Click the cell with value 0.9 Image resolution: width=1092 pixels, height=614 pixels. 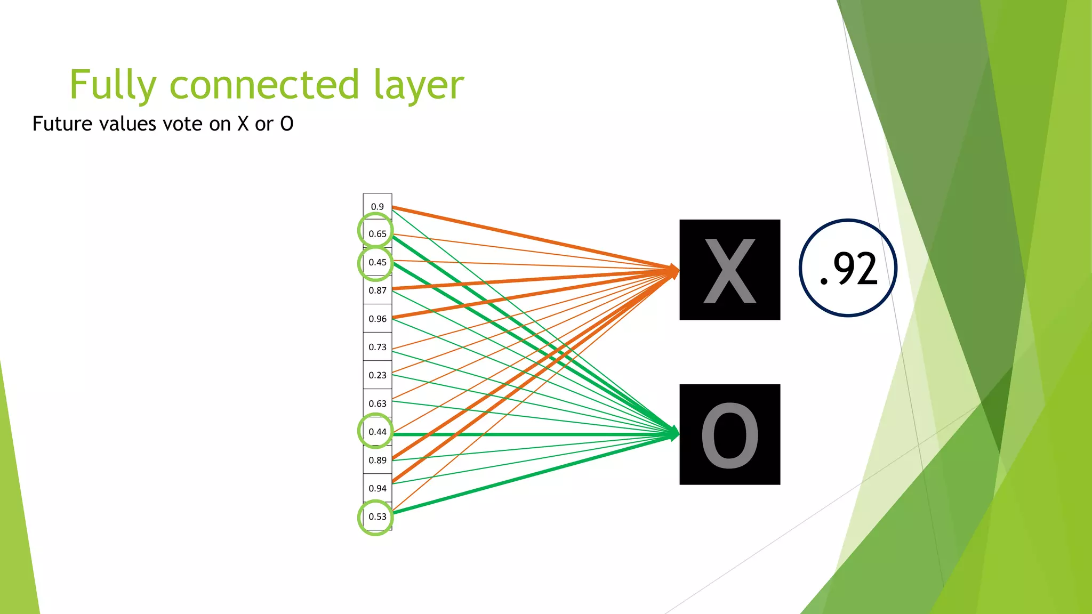(x=378, y=207)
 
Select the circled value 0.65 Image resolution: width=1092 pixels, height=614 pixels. (x=377, y=233)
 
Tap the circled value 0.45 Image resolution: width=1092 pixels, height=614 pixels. (x=377, y=262)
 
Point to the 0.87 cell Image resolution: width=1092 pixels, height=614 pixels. (x=378, y=290)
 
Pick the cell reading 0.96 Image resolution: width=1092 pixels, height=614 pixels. (x=378, y=319)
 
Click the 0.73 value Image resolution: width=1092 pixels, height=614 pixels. (x=378, y=347)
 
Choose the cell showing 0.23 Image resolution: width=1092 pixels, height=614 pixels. (x=378, y=375)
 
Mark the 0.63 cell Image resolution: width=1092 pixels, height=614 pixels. (x=378, y=403)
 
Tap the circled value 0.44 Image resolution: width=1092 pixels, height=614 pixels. (x=377, y=432)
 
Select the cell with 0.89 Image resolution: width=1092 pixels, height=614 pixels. (x=378, y=460)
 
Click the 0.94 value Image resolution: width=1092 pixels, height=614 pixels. (x=378, y=488)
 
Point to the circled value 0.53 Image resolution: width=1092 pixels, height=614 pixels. (x=377, y=516)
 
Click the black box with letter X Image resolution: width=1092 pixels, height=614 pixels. (x=729, y=270)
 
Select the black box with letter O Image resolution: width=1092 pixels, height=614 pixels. (x=729, y=434)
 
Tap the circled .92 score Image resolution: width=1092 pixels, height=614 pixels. (x=848, y=268)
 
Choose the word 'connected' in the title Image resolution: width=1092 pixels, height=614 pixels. (x=264, y=85)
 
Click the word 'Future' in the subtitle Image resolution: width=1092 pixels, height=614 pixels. (x=63, y=124)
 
